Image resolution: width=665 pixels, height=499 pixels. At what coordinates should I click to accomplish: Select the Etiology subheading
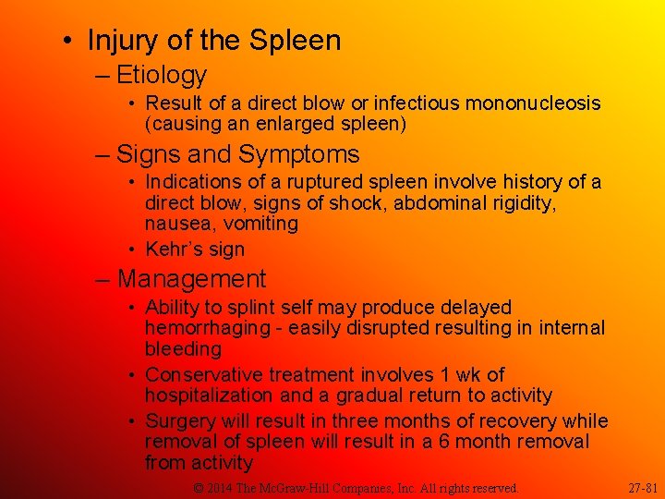point(161,75)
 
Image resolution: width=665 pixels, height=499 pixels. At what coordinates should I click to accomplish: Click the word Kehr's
point(177,249)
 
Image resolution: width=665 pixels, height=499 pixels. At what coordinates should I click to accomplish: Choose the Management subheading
point(191,279)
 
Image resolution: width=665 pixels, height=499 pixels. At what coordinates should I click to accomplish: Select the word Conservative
point(204,375)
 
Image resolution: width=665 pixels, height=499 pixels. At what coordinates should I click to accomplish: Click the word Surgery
point(181,421)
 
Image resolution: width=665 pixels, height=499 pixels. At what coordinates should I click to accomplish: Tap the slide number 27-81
point(643,487)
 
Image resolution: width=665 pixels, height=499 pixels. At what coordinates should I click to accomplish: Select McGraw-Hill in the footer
point(320,487)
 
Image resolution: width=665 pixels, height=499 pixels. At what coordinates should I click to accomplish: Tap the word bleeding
point(183,349)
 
